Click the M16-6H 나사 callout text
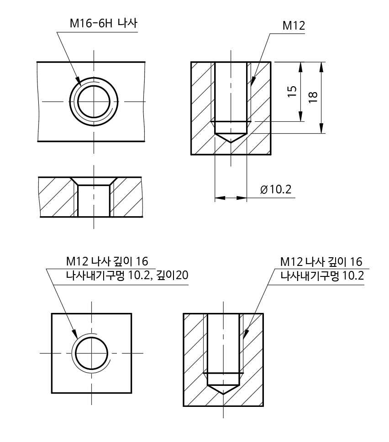click(103, 24)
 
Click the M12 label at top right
click(294, 26)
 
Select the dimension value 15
click(293, 92)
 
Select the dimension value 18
click(313, 97)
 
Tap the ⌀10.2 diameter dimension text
click(275, 189)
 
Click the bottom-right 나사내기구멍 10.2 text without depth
click(321, 276)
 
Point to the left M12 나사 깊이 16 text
click(106, 261)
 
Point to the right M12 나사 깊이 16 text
click(321, 261)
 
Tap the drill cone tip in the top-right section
click(231, 142)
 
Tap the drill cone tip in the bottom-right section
click(224, 394)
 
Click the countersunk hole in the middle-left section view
click(94, 196)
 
